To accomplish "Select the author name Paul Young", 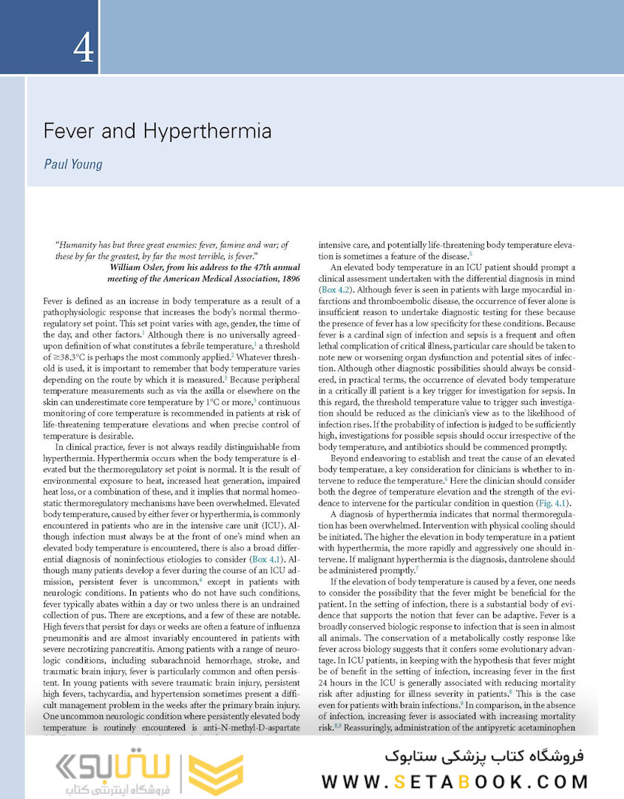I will [72, 163].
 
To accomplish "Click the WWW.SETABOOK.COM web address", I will [455, 781].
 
